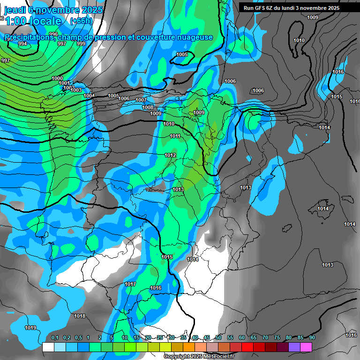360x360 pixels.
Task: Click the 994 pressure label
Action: pyautogui.click(x=22, y=44)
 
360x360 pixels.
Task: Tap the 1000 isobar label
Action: pyautogui.click(x=57, y=78)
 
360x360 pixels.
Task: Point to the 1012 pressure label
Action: pyautogui.click(x=170, y=155)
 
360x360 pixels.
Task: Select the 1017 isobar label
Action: pyautogui.click(x=130, y=285)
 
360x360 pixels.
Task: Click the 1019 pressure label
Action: pyautogui.click(x=30, y=328)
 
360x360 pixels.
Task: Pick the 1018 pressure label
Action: pyautogui.click(x=80, y=316)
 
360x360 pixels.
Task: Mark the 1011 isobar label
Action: pyautogui.click(x=175, y=136)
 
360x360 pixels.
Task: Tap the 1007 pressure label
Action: pyautogui.click(x=141, y=100)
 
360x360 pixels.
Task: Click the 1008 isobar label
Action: pyautogui.click(x=148, y=107)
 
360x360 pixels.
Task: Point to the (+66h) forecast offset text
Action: pyautogui.click(x=81, y=21)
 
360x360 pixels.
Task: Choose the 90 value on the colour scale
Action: pyautogui.click(x=312, y=337)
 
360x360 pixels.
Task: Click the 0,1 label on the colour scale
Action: pyautogui.click(x=55, y=337)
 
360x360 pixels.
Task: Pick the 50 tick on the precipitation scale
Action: pyautogui.click(x=218, y=337)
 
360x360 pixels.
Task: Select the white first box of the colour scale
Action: pyautogui.click(x=48, y=347)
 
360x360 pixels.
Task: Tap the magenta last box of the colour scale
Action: pyautogui.click(x=306, y=347)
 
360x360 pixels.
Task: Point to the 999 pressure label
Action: pyautogui.click(x=81, y=44)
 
